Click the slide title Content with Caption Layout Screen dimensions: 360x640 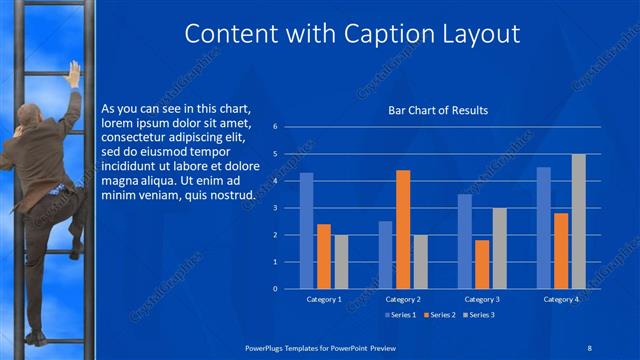tap(353, 34)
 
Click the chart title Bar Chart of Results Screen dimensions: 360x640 tap(438, 110)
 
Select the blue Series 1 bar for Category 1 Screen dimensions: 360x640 tap(307, 230)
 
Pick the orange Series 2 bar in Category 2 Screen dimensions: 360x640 tap(403, 229)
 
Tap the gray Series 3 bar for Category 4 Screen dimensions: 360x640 tap(578, 221)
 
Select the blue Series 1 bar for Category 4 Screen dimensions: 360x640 tap(544, 227)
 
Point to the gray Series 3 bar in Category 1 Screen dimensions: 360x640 tap(341, 261)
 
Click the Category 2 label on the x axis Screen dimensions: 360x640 tap(403, 299)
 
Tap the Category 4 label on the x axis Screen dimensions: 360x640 tap(561, 299)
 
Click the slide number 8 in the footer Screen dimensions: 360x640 tap(590, 346)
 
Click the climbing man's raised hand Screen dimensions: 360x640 tap(73, 72)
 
